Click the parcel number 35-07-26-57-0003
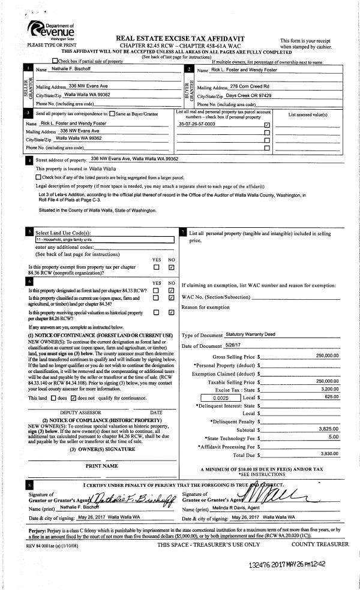pyautogui.click(x=197, y=124)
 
